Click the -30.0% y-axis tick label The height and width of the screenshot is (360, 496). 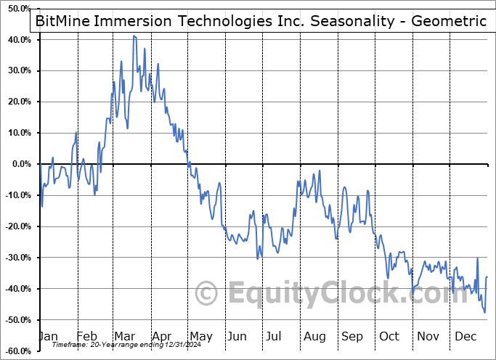tap(17, 258)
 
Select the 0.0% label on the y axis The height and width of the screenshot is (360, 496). tap(21, 164)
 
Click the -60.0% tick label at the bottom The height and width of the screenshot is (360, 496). tap(17, 351)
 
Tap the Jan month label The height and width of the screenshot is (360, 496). tap(47, 337)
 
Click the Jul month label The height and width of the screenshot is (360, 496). tap(273, 337)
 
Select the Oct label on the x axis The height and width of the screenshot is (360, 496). tap(389, 337)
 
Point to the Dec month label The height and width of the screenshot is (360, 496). tap(466, 337)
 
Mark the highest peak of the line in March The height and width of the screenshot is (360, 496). tap(134, 36)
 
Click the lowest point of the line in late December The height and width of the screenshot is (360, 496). tap(484, 313)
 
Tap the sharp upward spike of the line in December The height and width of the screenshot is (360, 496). tap(477, 258)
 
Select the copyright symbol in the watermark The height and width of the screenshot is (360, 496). tap(207, 294)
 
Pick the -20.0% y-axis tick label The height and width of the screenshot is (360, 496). tap(17, 226)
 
